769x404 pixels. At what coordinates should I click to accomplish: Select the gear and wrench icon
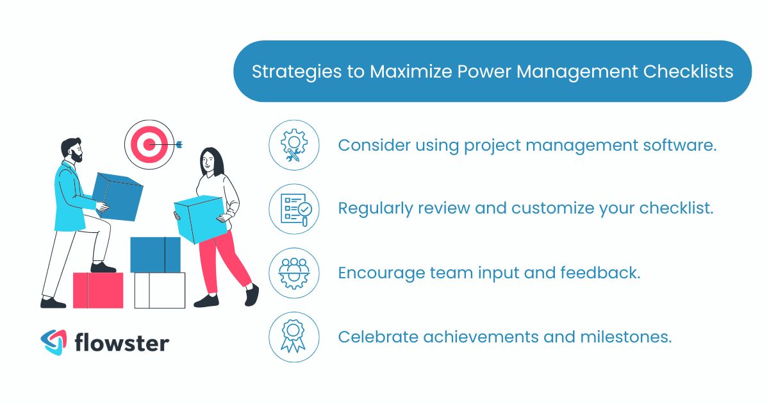coord(294,146)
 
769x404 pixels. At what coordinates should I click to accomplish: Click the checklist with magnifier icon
coord(294,209)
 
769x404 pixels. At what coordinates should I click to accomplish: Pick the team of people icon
coord(294,273)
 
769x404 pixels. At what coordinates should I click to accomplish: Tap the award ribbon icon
coord(294,337)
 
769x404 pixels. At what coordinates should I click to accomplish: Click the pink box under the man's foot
coord(98,290)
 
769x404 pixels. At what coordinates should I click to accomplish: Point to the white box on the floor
coord(160,290)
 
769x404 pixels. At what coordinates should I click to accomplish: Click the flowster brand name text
coord(122,342)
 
